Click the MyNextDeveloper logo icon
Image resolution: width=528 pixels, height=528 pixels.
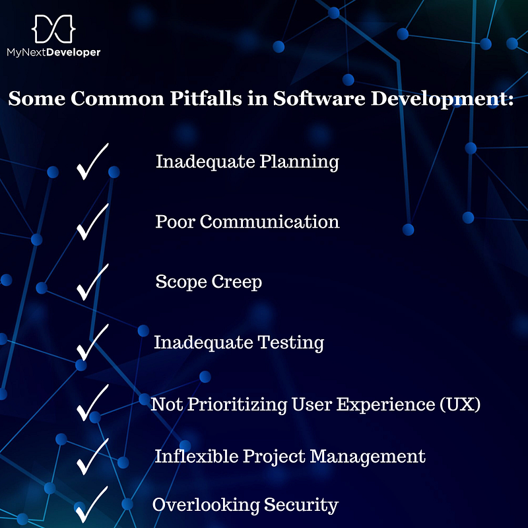point(53,28)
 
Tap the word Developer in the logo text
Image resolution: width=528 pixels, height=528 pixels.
point(73,53)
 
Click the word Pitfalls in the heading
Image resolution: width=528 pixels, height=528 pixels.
point(206,98)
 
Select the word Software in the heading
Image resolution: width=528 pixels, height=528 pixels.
point(319,98)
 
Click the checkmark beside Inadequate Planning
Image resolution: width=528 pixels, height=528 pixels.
point(92,162)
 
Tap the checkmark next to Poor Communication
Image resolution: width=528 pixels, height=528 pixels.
point(92,222)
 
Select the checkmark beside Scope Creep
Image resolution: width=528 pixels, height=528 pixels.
point(92,282)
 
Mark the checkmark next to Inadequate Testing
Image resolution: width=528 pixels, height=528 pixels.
point(92,343)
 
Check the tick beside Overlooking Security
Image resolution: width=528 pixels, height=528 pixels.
point(92,504)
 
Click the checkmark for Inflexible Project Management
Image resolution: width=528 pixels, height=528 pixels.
point(92,457)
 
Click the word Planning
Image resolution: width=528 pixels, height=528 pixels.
point(299,162)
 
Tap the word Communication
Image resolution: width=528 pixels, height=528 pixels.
point(269,222)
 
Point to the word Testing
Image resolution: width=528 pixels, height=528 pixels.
point(290,343)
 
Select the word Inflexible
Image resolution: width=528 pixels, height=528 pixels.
point(196,457)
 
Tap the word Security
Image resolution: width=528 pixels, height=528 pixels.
point(301,505)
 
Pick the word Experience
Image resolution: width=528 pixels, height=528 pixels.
point(385,405)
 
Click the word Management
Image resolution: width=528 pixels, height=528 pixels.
point(368,457)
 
